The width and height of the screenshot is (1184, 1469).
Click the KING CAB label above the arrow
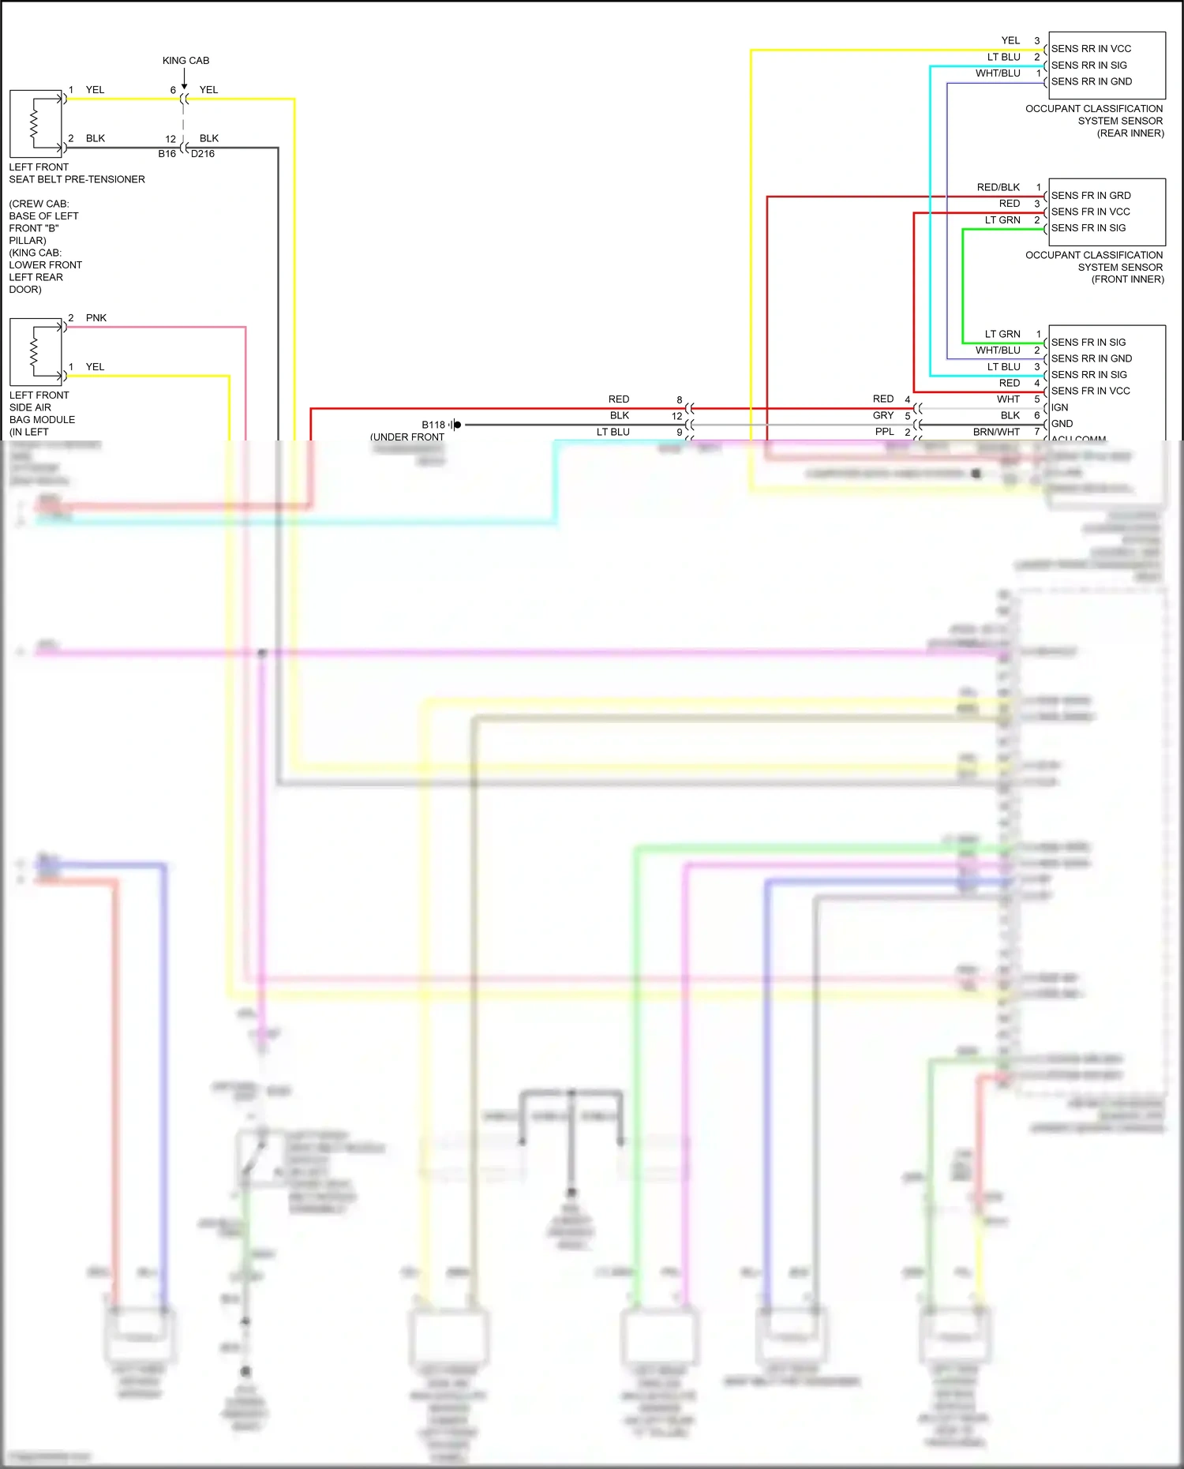[x=185, y=61]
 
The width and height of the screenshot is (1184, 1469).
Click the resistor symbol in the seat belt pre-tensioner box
[x=34, y=124]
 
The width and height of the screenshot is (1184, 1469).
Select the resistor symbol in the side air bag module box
[x=34, y=352]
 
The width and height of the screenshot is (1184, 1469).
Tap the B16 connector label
[x=167, y=154]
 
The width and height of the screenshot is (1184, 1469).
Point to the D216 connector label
[x=203, y=154]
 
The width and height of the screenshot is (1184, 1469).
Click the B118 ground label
[x=433, y=425]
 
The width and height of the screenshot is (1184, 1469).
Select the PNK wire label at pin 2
[x=96, y=318]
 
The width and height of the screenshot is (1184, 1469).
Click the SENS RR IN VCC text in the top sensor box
[x=1091, y=49]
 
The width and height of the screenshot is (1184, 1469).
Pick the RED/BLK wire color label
[x=998, y=188]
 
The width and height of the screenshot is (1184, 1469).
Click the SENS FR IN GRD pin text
[x=1091, y=196]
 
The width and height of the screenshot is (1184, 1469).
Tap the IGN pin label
[x=1059, y=407]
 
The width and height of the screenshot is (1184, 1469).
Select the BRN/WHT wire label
[x=996, y=432]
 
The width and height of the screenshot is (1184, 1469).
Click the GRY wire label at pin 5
[x=883, y=415]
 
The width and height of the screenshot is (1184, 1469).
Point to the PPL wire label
[x=884, y=432]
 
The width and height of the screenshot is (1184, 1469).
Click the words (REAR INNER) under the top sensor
[x=1130, y=133]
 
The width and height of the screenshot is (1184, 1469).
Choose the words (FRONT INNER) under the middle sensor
[x=1127, y=279]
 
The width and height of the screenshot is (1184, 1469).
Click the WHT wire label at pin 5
[x=1008, y=399]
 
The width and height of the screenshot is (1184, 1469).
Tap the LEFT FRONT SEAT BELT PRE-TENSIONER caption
[x=77, y=174]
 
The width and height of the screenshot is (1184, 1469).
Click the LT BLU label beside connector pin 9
[x=613, y=432]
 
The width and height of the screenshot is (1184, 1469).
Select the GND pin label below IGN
[x=1062, y=424]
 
